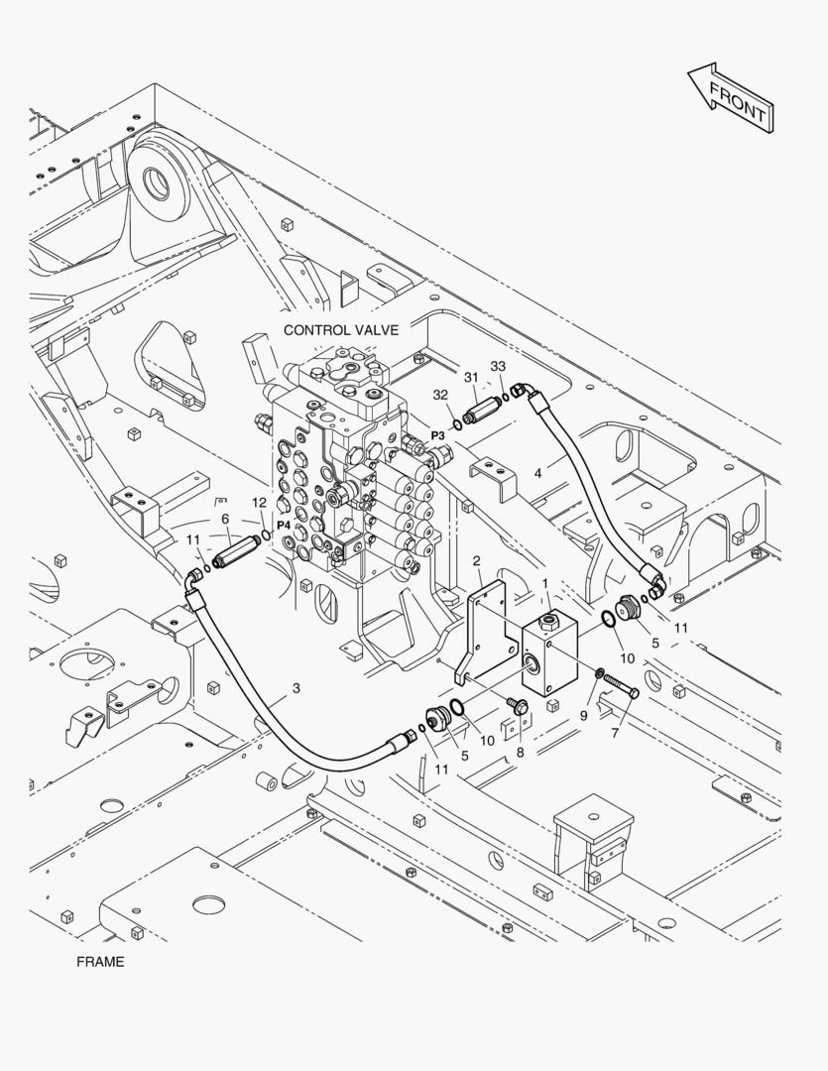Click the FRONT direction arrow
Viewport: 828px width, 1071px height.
tap(731, 97)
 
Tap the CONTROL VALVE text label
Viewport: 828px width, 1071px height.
tap(341, 330)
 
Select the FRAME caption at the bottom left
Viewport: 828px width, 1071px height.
tap(100, 962)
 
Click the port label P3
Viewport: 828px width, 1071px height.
tap(437, 435)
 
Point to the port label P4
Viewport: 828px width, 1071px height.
tap(285, 526)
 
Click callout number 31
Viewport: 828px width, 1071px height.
tap(471, 377)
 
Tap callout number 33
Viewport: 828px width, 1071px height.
tap(498, 366)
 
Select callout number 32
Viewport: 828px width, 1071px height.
tap(440, 395)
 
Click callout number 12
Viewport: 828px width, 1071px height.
tap(259, 503)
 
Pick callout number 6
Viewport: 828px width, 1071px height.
tap(225, 519)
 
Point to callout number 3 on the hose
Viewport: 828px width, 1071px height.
tap(296, 688)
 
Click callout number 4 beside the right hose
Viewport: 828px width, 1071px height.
tap(538, 473)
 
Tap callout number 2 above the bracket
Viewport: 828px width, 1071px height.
tap(476, 561)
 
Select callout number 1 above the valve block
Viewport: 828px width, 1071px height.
tap(545, 583)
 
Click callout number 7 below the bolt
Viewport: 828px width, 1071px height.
tap(615, 733)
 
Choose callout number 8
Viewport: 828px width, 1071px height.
tap(520, 752)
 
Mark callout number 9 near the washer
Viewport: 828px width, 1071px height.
tap(583, 716)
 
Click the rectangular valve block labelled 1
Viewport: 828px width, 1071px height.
tap(550, 653)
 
